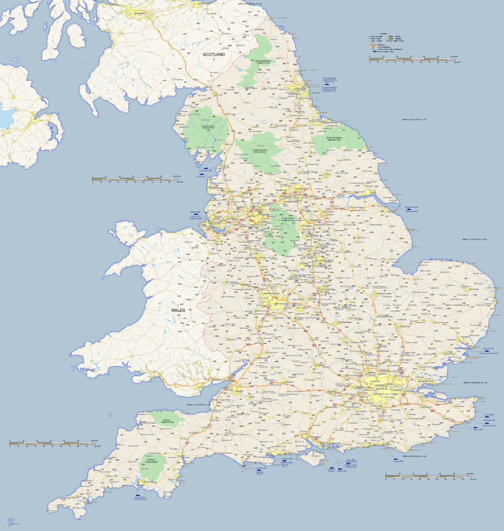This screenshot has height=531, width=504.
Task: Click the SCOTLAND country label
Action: point(214,54)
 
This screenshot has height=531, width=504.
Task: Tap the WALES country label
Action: point(179,310)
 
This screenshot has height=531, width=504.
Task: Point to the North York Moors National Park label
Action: point(336,139)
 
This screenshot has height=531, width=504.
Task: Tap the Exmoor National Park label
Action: point(167,421)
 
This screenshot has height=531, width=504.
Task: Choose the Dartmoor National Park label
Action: point(153,461)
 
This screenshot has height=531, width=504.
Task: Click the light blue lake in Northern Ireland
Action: point(6,118)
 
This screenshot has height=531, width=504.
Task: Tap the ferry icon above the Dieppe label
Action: point(396,459)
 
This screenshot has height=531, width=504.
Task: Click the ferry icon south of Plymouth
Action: point(139,495)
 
